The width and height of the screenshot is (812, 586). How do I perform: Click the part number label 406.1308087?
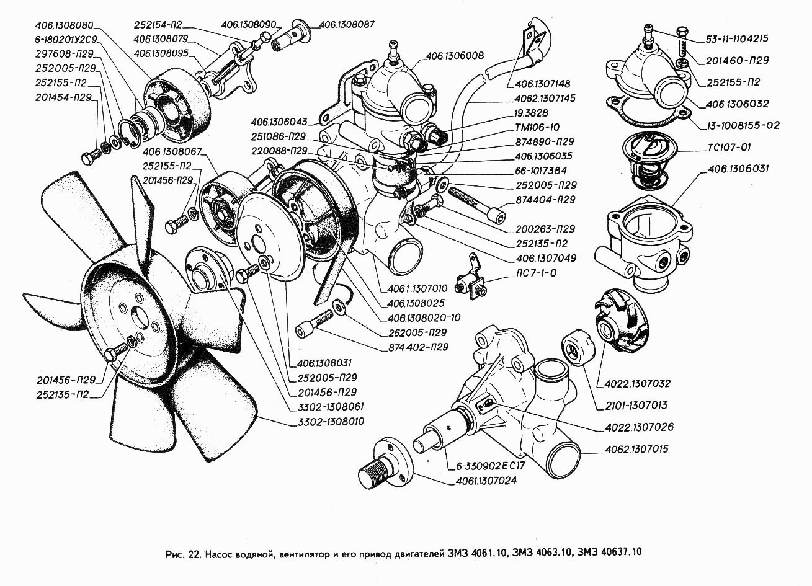click(x=347, y=25)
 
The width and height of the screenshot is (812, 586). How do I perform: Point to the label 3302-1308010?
click(x=327, y=422)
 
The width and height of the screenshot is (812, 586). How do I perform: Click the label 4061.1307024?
click(x=486, y=480)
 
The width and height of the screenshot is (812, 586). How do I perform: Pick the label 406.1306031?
click(x=738, y=169)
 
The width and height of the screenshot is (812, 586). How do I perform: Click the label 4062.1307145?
click(x=544, y=99)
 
